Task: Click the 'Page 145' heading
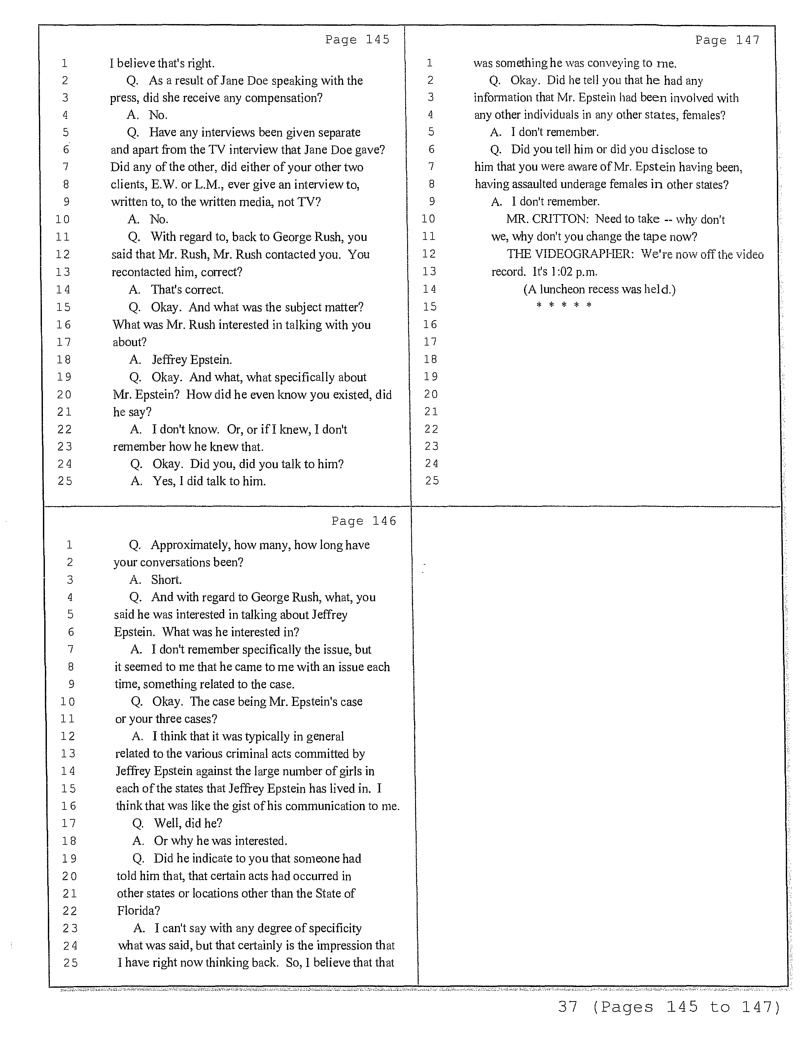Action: tap(357, 40)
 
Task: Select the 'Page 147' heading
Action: tap(727, 40)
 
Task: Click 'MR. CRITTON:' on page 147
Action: tap(547, 219)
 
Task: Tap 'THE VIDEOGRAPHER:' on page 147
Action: tap(570, 254)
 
